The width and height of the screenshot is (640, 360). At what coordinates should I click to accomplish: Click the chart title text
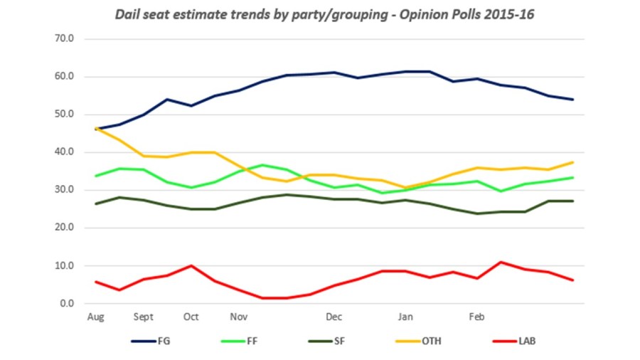tap(320, 14)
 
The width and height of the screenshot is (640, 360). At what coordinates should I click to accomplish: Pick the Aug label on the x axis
tap(95, 317)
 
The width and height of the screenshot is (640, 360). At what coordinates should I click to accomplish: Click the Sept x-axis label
tap(144, 317)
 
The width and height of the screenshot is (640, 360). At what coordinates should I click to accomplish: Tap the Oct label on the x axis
tap(191, 317)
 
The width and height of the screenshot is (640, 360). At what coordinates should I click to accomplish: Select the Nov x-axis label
tap(239, 317)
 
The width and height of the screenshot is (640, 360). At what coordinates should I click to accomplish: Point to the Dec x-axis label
tap(334, 317)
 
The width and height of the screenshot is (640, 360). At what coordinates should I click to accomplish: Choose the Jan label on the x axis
tap(405, 317)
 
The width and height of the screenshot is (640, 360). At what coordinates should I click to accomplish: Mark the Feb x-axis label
tap(477, 317)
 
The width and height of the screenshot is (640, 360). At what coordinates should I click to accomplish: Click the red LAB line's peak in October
tap(191, 265)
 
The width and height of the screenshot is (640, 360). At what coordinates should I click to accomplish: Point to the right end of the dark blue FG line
tap(573, 100)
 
